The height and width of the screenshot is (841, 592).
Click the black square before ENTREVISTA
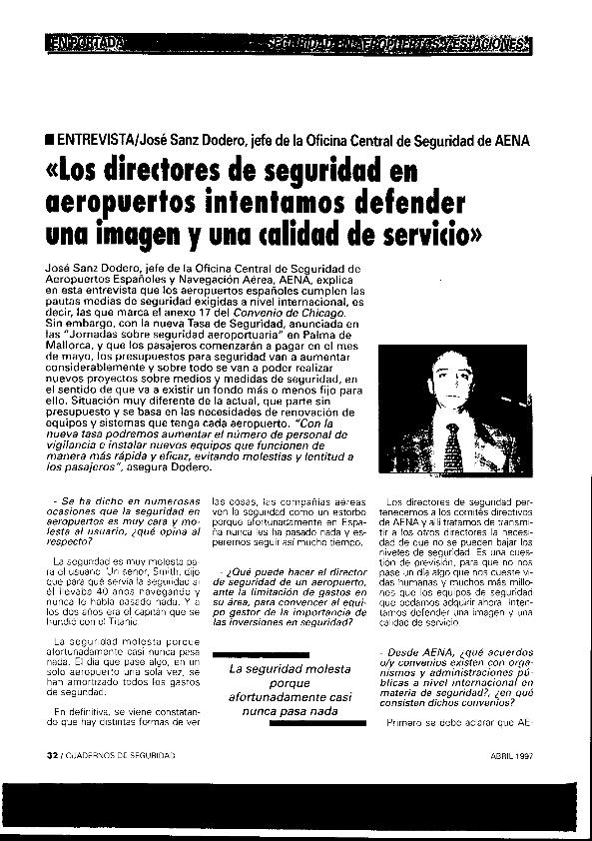pos(50,140)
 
